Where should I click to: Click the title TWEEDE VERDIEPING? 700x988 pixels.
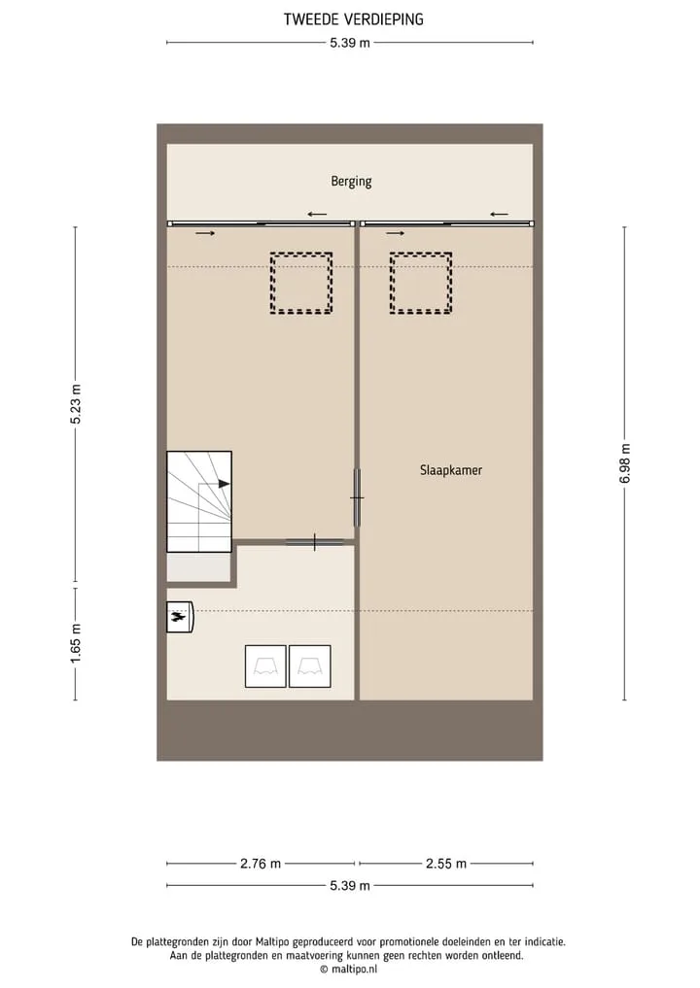(x=353, y=19)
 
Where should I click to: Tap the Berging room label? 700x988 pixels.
(x=351, y=182)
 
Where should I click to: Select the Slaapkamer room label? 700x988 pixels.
(x=451, y=470)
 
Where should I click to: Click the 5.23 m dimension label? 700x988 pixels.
(x=76, y=404)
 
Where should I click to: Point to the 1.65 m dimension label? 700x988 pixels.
(x=76, y=643)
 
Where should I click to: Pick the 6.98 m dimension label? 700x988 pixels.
(x=625, y=463)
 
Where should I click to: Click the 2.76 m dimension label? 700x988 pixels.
(x=261, y=864)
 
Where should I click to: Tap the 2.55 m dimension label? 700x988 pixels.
(x=446, y=864)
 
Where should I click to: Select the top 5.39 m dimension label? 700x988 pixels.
(x=350, y=44)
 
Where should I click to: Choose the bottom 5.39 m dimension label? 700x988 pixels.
(x=350, y=886)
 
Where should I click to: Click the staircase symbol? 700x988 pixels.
(x=199, y=501)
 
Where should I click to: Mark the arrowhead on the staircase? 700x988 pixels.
(x=224, y=483)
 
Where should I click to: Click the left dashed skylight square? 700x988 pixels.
(x=301, y=254)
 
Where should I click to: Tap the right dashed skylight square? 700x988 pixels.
(x=421, y=254)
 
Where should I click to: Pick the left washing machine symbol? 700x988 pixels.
(x=265, y=666)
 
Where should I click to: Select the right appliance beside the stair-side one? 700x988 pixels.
(x=309, y=666)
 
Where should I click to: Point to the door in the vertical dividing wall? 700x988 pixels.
(x=357, y=497)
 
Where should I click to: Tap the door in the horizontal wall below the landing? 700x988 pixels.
(x=315, y=542)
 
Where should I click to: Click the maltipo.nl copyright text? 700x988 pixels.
(x=349, y=970)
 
